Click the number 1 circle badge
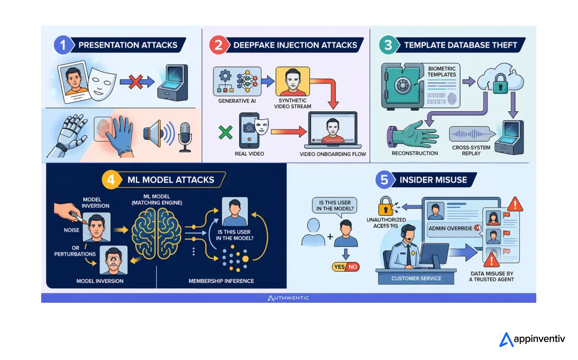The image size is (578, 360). click(x=63, y=45)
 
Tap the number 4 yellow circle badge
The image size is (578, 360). click(x=111, y=180)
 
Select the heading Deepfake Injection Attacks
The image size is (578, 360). click(x=295, y=45)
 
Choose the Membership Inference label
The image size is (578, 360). click(x=221, y=281)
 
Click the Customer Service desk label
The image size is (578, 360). click(x=416, y=279)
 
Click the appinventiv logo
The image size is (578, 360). click(x=532, y=339)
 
